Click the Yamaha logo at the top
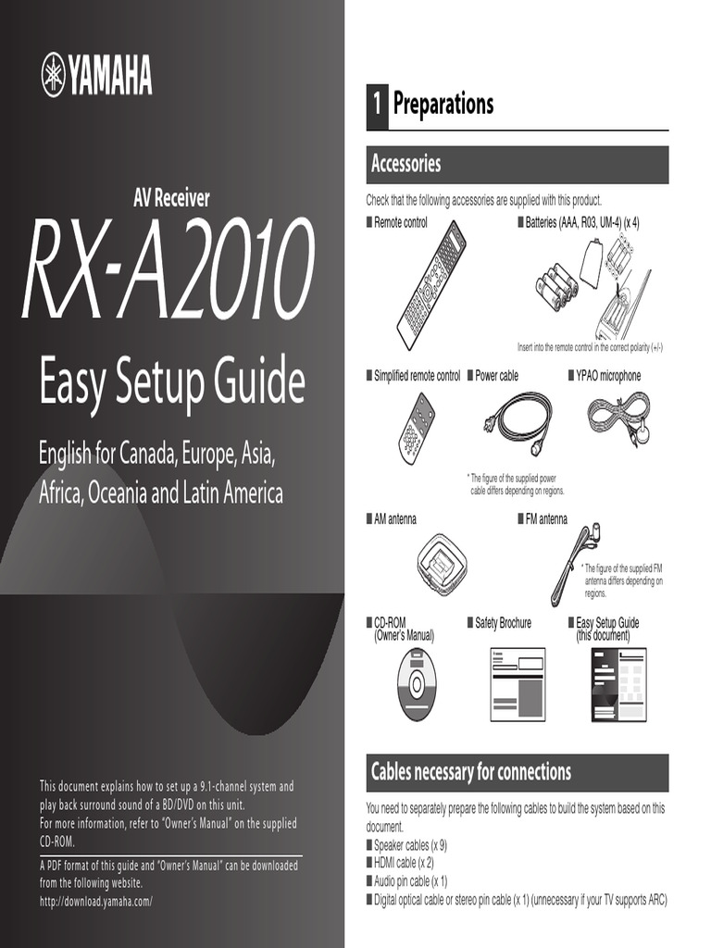click(96, 74)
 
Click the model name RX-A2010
click(168, 269)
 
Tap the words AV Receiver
click(172, 197)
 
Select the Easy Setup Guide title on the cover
click(172, 382)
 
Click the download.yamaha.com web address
click(95, 901)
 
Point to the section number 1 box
click(376, 105)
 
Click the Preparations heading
click(443, 104)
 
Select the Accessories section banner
click(517, 165)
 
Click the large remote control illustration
click(430, 284)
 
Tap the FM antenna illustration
click(573, 563)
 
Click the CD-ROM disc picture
click(416, 684)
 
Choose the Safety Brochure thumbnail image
click(518, 684)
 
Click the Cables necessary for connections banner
click(517, 772)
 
